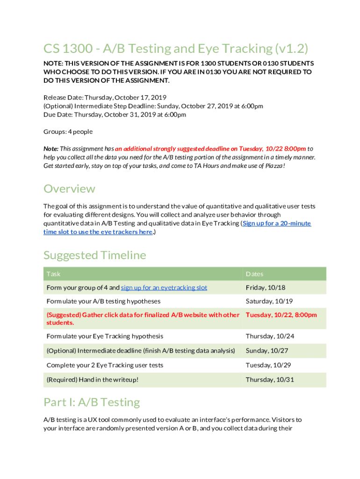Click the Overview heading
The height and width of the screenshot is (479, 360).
coord(69,189)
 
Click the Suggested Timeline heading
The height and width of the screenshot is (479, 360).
coord(94,255)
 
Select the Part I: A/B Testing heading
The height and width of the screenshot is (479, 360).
coord(91,402)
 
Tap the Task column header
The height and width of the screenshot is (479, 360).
coord(53,274)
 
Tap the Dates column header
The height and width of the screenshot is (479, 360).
coord(255,274)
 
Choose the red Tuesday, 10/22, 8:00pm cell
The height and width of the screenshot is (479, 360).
coord(281,315)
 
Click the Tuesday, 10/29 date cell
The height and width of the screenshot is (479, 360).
coord(266,365)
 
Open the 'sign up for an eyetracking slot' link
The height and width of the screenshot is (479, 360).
coord(164,288)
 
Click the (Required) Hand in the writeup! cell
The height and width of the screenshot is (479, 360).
coord(93,379)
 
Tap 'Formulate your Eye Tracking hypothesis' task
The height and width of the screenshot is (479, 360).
coord(105,336)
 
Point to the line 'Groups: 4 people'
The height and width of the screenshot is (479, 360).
coord(68,131)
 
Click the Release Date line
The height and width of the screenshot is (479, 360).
coord(105,98)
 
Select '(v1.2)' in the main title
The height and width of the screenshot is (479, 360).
coord(291,49)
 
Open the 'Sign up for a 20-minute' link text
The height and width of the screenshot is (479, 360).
coord(277,223)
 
